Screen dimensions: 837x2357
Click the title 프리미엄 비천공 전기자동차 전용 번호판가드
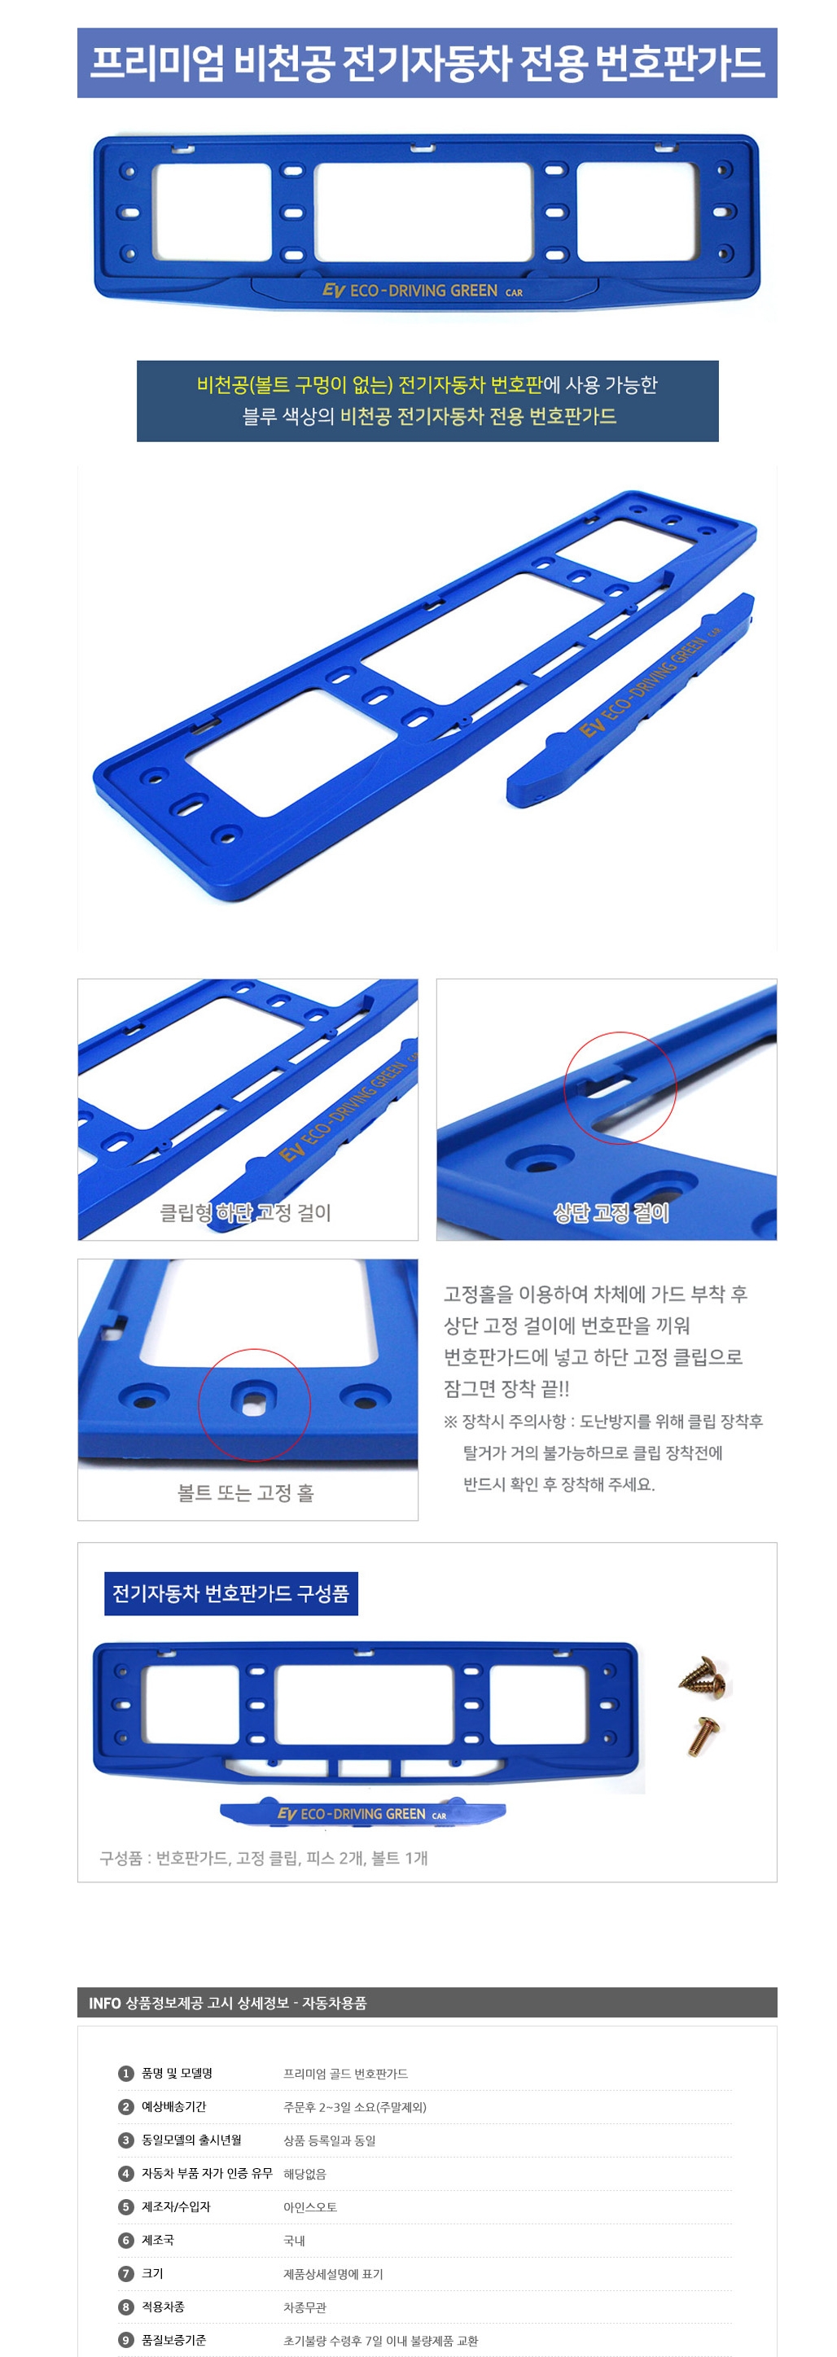(427, 64)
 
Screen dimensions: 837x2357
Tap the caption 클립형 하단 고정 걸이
(245, 1212)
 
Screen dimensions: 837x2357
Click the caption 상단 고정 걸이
(611, 1212)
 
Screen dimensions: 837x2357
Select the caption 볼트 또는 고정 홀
(245, 1492)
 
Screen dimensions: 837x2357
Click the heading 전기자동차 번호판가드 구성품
(230, 1593)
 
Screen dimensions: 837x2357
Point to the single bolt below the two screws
(704, 1736)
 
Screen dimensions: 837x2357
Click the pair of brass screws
(703, 1676)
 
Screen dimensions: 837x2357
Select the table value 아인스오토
(310, 2207)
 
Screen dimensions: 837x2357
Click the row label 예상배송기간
(173, 2106)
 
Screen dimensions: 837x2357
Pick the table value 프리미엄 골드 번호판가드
(346, 2074)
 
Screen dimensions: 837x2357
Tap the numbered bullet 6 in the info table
(126, 2240)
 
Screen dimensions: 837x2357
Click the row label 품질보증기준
(173, 2340)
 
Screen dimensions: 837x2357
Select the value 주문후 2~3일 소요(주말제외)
(355, 2106)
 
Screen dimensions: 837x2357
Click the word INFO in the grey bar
(104, 2003)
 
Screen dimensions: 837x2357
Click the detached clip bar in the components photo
(363, 1812)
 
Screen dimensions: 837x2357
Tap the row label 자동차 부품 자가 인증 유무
(207, 2173)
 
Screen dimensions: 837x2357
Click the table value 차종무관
(305, 2307)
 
